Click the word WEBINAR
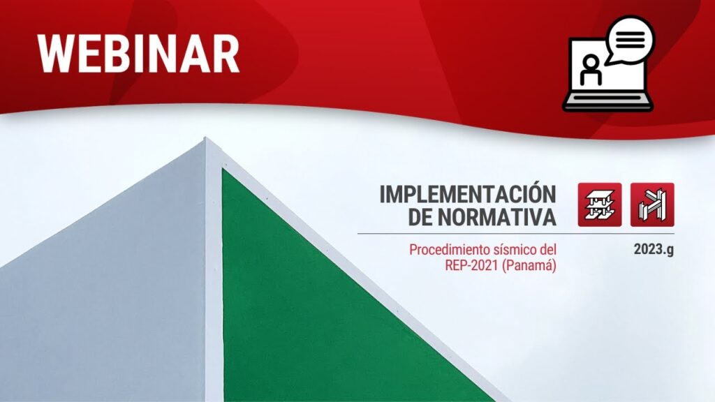(x=138, y=53)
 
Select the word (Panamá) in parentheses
(x=529, y=266)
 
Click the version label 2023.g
(x=654, y=250)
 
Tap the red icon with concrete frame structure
(x=600, y=204)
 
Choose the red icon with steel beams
(x=652, y=204)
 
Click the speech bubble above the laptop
(x=631, y=39)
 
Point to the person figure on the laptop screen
(x=591, y=70)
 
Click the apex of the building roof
(x=205, y=137)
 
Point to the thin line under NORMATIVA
(x=516, y=234)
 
